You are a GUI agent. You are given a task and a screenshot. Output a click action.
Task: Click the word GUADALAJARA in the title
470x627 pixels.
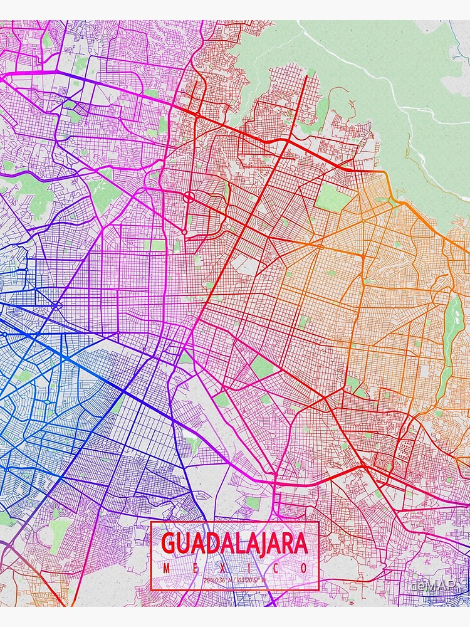tap(235, 544)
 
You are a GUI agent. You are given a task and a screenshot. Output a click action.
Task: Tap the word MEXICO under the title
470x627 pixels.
tap(235, 568)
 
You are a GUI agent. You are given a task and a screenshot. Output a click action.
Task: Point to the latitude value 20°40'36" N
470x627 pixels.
tap(217, 579)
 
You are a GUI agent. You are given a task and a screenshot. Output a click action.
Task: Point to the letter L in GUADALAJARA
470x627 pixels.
tap(232, 544)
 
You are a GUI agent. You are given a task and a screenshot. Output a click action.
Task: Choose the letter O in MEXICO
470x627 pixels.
tap(304, 568)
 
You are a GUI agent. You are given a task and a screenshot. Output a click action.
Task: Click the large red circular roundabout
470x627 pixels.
tap(189, 198)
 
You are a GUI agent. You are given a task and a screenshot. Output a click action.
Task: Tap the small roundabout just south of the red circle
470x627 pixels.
tap(185, 232)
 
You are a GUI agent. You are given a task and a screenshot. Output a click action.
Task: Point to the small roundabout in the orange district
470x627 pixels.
tap(320, 246)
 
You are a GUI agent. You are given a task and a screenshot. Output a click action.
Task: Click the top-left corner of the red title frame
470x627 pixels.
tap(151, 522)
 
